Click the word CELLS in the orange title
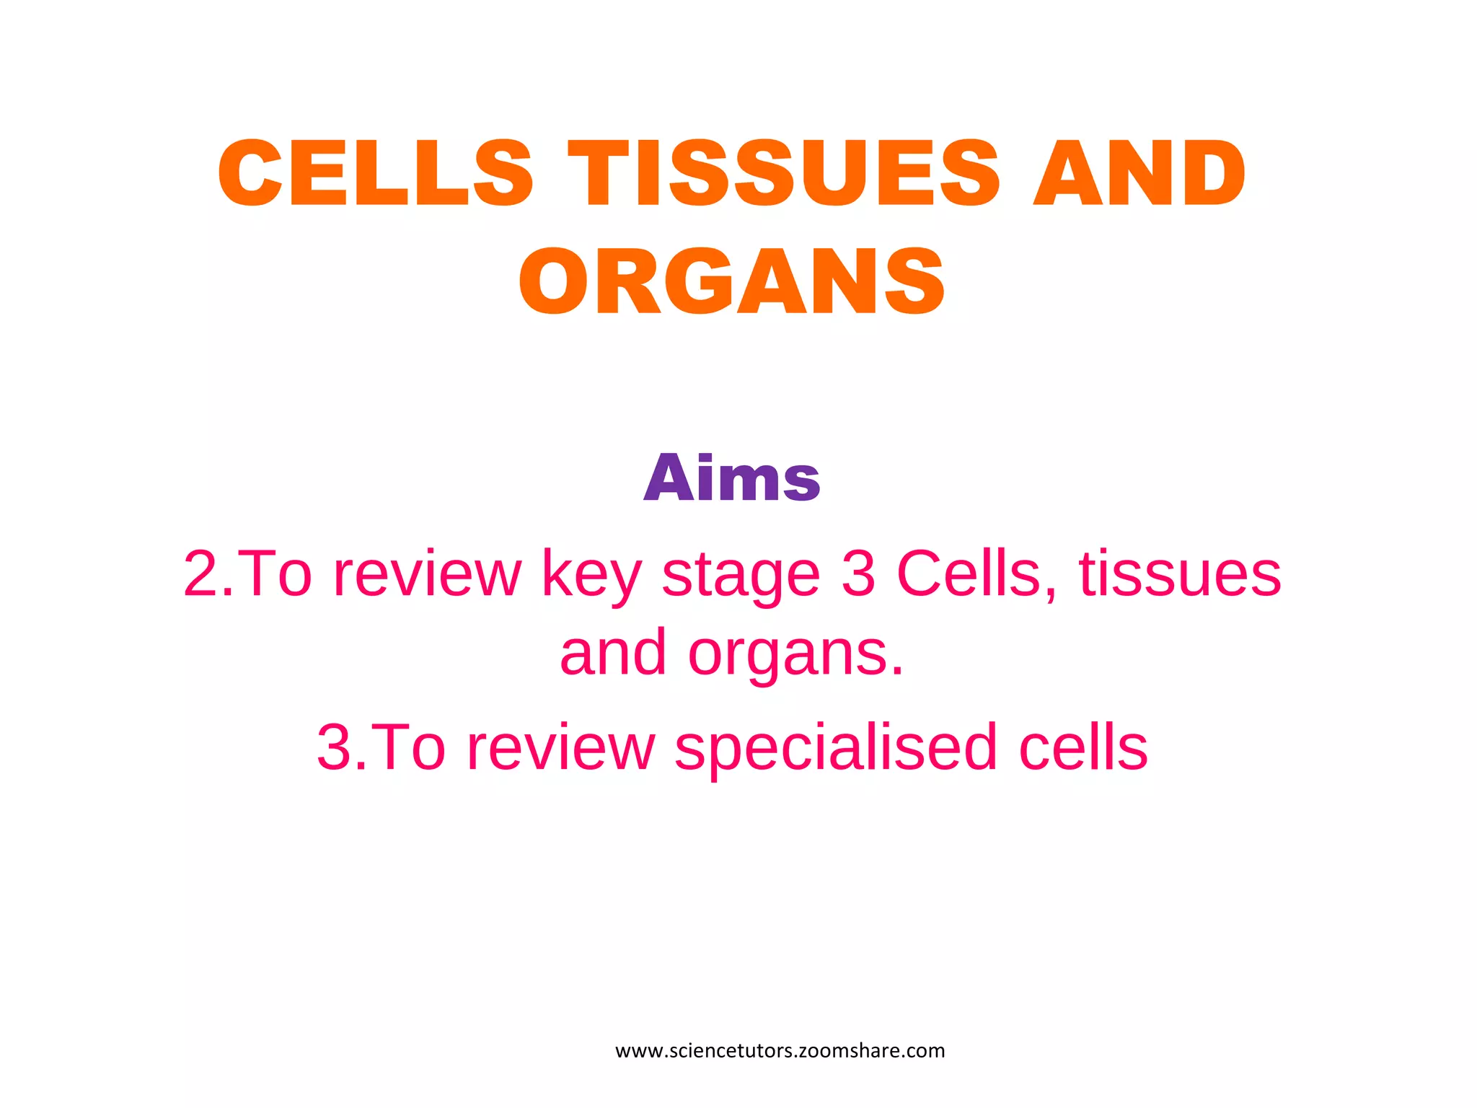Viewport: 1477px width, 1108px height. [x=375, y=173]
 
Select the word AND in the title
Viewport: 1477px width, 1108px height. [x=1139, y=173]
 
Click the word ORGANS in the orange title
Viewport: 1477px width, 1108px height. [x=731, y=281]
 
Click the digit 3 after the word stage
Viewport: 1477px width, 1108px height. [x=858, y=574]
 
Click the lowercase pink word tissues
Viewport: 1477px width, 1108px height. [x=1180, y=574]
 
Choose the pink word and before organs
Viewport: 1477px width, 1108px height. [x=613, y=653]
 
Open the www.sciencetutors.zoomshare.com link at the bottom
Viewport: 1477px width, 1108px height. [x=780, y=1051]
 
